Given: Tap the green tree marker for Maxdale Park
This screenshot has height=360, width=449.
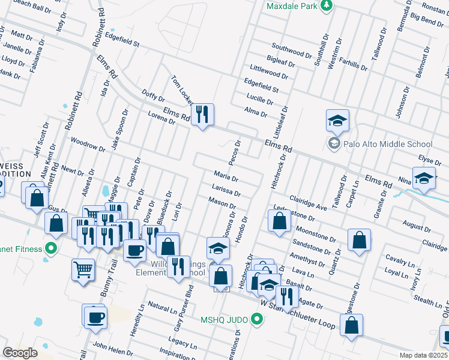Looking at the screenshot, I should click(x=326, y=5).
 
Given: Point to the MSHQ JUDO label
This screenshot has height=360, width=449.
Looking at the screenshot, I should click(x=224, y=318).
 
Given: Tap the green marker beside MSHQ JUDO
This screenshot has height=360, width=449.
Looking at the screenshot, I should click(x=258, y=318).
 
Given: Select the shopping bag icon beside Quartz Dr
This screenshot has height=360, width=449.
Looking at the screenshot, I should click(x=358, y=239).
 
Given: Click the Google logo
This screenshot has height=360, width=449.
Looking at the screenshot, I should click(x=20, y=352).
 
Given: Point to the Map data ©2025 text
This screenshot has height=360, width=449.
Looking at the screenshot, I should click(x=423, y=355).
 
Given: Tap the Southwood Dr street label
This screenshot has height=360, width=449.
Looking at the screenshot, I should click(x=291, y=46).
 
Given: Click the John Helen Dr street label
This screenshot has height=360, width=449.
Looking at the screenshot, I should click(x=109, y=347).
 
